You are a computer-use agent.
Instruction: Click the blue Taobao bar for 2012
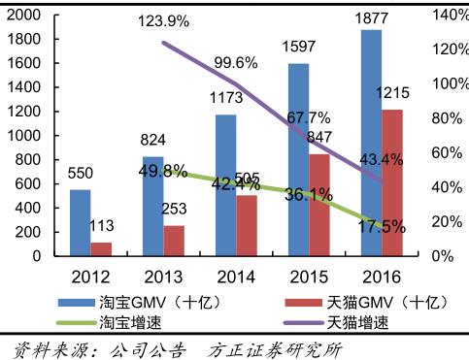coord(81,223)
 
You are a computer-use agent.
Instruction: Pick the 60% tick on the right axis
coord(441,152)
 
